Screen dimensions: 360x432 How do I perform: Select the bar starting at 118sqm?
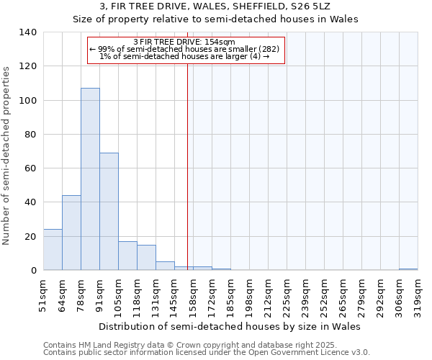tap(146, 258)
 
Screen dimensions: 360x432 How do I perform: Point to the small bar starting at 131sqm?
tap(165, 266)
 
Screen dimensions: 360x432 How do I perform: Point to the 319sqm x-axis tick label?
tap(418, 294)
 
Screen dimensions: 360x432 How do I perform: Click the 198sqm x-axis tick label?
tap(249, 294)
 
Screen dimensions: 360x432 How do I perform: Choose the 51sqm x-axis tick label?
tap(43, 294)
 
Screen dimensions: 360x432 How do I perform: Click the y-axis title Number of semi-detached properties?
tap(7, 155)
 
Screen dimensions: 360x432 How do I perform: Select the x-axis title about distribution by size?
tap(229, 326)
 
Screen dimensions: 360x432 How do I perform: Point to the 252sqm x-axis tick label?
tap(324, 294)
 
